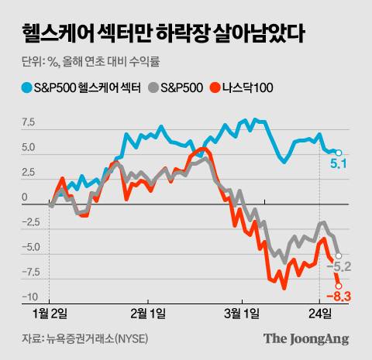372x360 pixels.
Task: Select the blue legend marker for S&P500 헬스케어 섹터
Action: point(27,87)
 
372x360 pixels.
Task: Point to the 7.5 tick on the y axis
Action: point(29,122)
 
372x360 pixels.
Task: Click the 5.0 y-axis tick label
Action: point(29,147)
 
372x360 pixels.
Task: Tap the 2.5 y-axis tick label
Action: point(29,173)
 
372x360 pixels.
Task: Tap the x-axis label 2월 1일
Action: point(147,314)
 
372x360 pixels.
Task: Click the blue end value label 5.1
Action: point(339,164)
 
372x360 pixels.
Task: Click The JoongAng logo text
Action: point(305,338)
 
